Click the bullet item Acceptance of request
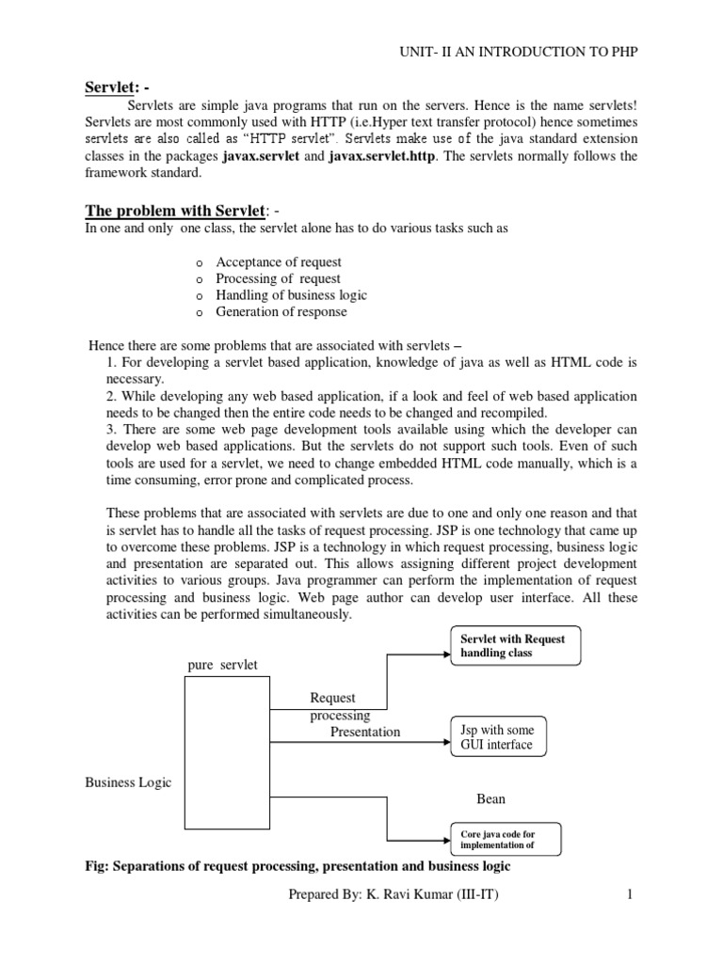(279, 262)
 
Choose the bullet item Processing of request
(278, 279)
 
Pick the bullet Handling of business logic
(291, 295)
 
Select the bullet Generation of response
(281, 312)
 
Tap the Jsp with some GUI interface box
(496, 737)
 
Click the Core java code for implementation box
(505, 839)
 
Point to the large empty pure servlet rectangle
(226, 752)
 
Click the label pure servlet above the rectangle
(222, 666)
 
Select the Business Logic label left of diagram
(128, 782)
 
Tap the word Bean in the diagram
(490, 798)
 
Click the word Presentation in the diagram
(364, 732)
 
